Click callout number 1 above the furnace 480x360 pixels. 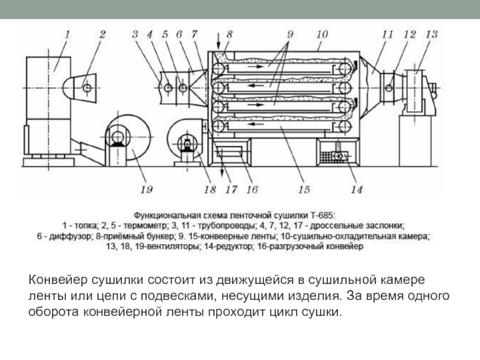(x=68, y=35)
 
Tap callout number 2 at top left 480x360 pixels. (x=102, y=35)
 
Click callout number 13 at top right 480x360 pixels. (x=431, y=35)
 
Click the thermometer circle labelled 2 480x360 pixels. (x=88, y=88)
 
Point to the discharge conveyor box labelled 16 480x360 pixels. (x=229, y=154)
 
